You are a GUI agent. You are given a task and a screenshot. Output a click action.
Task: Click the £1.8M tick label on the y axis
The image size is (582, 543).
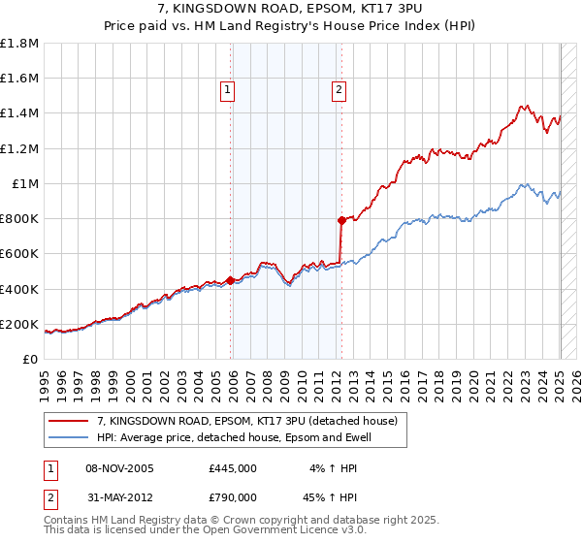click(19, 44)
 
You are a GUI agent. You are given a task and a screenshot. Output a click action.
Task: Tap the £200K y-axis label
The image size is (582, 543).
click(19, 325)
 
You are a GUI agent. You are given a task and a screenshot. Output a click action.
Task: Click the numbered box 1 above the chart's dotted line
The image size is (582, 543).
click(227, 91)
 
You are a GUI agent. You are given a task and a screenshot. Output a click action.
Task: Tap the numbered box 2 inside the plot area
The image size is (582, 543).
click(339, 91)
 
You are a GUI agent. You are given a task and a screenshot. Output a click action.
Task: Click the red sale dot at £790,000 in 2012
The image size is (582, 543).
click(341, 220)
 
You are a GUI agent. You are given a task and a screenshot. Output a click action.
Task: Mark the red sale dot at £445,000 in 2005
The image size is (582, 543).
click(230, 281)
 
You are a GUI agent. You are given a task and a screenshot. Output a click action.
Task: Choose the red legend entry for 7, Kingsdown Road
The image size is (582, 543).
click(247, 421)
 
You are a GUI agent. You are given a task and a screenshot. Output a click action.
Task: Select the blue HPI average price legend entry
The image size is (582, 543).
click(234, 438)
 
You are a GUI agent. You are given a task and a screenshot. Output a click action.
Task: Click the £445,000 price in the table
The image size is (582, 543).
click(233, 468)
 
